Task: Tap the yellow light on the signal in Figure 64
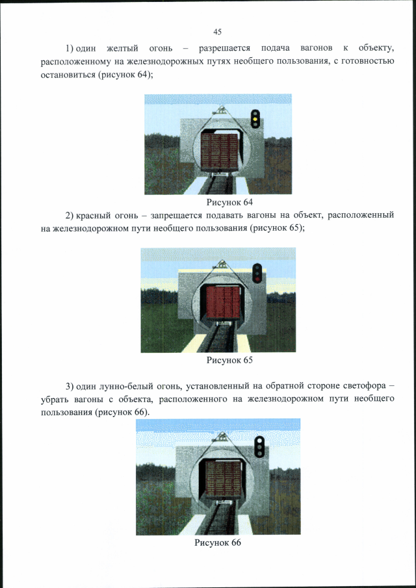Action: coord(255,120)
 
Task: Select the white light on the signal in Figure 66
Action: coord(259,441)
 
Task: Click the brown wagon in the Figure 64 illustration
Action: coord(219,150)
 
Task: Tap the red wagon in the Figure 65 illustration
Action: coord(222,303)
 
